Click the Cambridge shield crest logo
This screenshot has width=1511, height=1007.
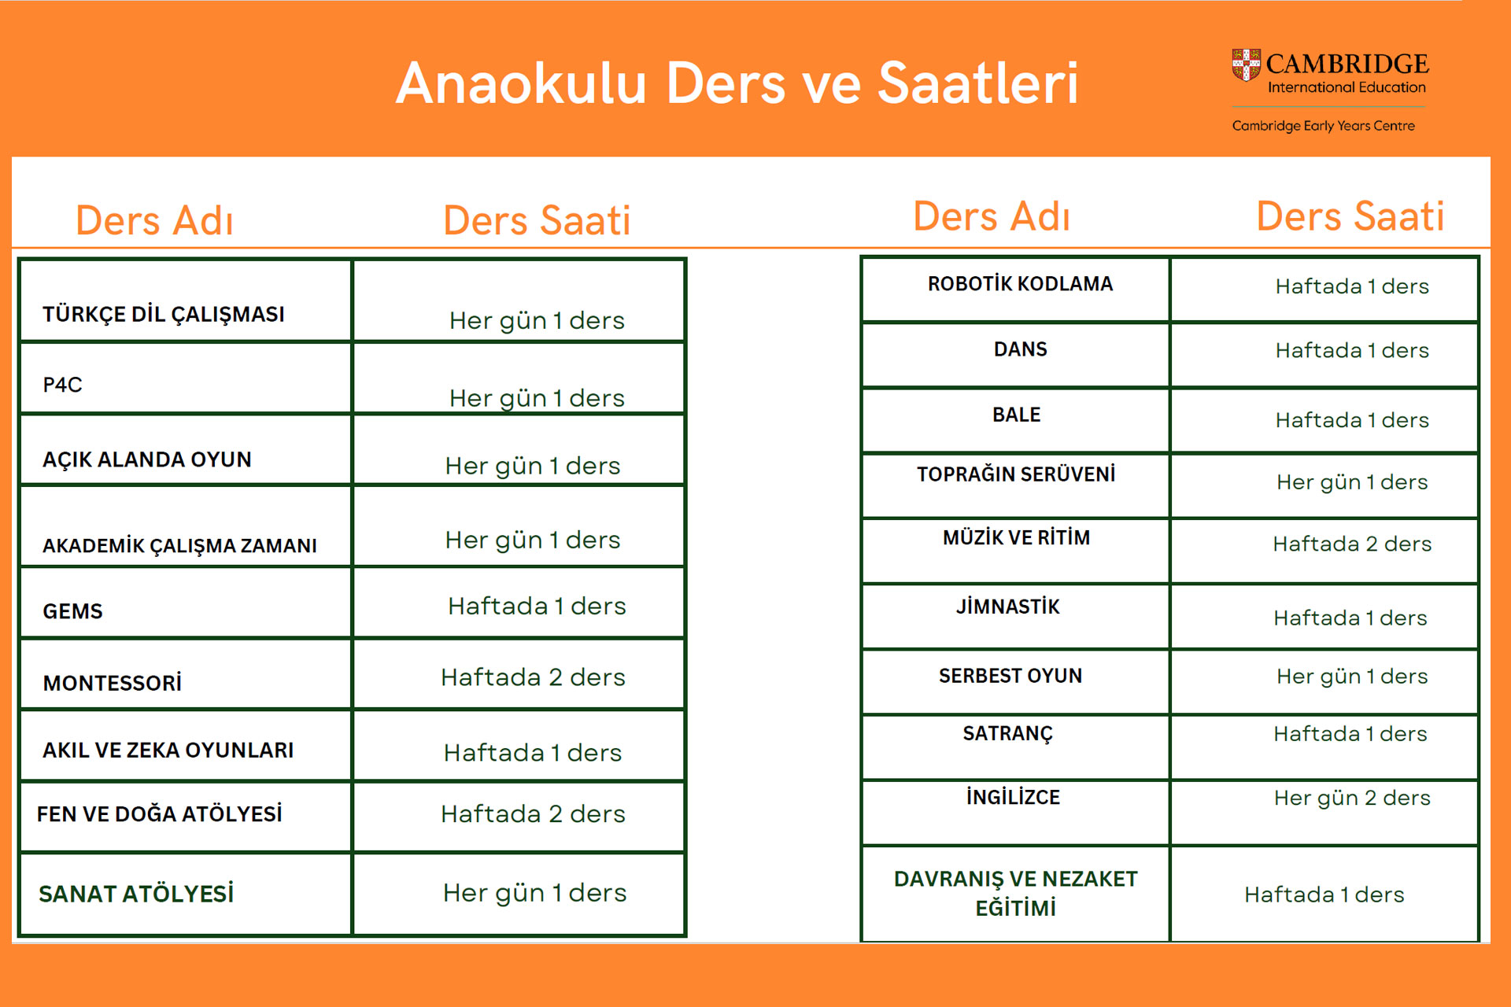[x=1246, y=65]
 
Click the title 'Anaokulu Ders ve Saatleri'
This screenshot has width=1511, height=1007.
[x=737, y=83]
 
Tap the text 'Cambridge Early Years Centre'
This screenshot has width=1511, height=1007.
[x=1323, y=126]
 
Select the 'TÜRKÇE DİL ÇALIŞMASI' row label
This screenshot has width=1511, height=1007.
[x=164, y=315]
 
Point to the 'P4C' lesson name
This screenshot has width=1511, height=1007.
[x=62, y=385]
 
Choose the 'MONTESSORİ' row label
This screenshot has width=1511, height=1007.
[x=113, y=682]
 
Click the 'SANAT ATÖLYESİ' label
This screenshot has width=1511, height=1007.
[x=136, y=894]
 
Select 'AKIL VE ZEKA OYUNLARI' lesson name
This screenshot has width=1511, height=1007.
[x=168, y=750]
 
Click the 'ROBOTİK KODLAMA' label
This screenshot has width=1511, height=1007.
[x=1020, y=284]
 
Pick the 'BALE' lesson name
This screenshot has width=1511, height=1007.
[x=1016, y=415]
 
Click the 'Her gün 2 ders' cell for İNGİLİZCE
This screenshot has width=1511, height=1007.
[x=1352, y=798]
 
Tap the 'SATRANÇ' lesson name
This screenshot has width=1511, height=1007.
[x=1007, y=734]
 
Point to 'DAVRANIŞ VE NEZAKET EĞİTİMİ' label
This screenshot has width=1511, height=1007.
[x=1016, y=893]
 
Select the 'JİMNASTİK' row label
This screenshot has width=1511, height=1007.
[x=1008, y=607]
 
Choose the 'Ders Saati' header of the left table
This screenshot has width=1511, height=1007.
[x=537, y=220]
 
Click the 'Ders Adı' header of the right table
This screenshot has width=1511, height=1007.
[x=992, y=216]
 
